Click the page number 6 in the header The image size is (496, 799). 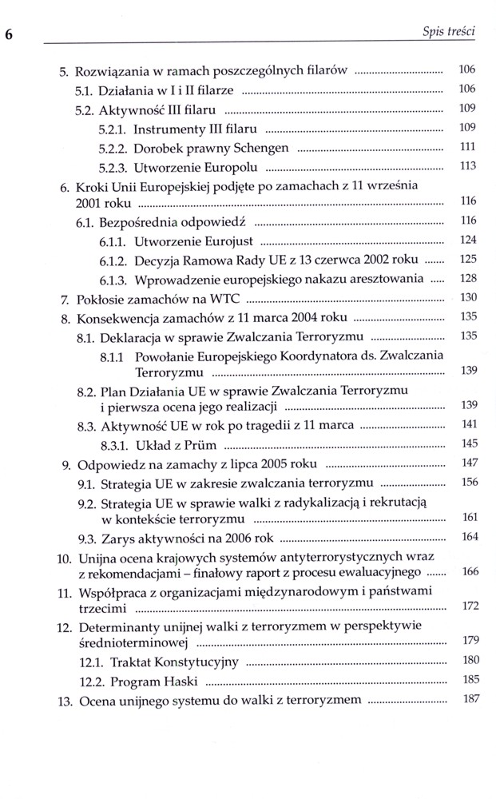coord(9,35)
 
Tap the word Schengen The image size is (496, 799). coord(261,148)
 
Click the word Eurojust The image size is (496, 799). coord(230,240)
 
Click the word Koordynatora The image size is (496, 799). coord(314,355)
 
